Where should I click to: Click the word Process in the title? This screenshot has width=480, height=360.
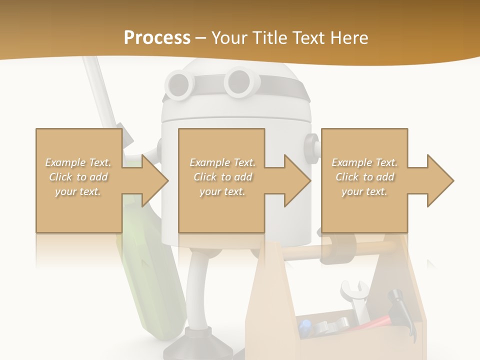(157, 38)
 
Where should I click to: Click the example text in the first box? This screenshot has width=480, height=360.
(78, 177)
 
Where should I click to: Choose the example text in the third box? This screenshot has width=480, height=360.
(364, 177)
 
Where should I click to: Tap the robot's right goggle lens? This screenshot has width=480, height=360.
(238, 80)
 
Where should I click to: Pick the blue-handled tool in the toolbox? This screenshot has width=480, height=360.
(305, 327)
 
